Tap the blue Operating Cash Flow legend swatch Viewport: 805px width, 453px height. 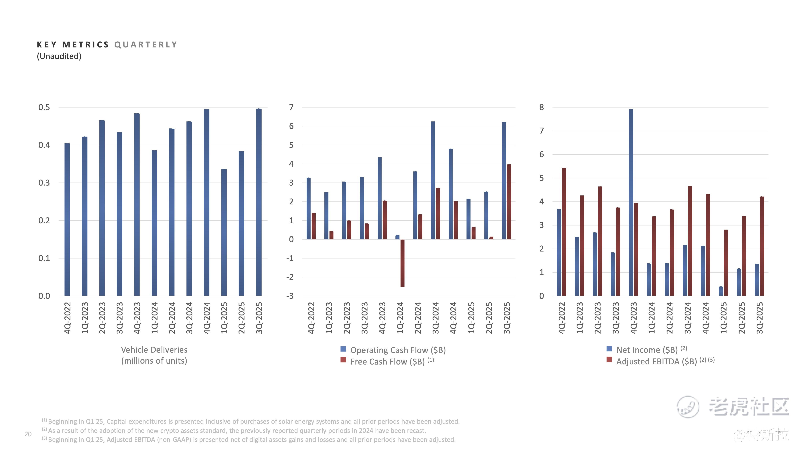click(x=343, y=349)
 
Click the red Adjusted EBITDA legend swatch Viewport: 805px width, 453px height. click(x=609, y=360)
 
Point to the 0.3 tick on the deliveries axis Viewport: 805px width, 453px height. click(x=44, y=183)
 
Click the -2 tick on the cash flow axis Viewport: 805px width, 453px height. click(x=290, y=277)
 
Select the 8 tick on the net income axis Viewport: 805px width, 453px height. click(x=542, y=107)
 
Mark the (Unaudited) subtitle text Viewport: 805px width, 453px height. click(x=59, y=56)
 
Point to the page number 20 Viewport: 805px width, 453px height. click(x=28, y=434)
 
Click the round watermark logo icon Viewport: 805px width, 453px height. click(x=687, y=406)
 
